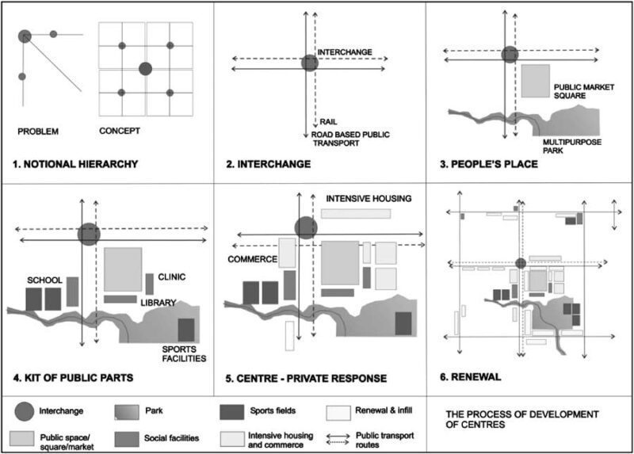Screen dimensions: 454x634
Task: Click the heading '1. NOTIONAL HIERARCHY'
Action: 76,165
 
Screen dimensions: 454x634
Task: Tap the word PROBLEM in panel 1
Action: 38,131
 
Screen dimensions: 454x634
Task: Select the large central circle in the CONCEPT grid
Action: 145,69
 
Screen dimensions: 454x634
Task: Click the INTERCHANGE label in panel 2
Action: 345,52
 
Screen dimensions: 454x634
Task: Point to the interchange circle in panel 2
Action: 310,63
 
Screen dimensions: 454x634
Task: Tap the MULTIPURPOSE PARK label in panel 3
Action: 572,147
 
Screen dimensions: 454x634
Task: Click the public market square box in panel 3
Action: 536,82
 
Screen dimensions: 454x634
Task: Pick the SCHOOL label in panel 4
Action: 44,280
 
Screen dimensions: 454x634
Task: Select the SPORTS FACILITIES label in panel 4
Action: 184,353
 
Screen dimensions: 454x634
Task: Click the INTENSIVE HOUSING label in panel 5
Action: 369,198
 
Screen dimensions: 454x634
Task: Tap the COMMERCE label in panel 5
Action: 250,259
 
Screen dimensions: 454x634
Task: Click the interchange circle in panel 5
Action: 307,227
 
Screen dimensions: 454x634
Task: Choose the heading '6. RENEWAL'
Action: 475,376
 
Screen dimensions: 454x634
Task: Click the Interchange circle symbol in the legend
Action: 25,411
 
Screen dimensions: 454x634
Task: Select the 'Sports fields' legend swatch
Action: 231,411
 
